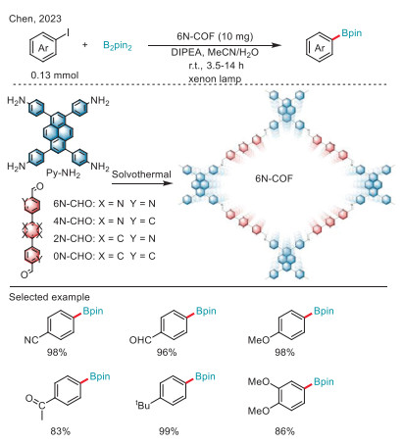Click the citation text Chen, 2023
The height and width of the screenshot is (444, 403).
tap(35, 19)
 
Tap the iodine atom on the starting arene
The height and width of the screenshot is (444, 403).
tap(69, 32)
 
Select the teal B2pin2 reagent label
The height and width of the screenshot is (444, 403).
tap(118, 45)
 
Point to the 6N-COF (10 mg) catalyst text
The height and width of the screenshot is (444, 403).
tap(215, 36)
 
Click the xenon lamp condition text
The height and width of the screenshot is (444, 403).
tap(215, 78)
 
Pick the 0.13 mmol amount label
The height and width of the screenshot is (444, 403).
tap(55, 75)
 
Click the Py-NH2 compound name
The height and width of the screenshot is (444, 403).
tap(63, 173)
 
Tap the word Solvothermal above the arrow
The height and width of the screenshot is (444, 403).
tap(141, 174)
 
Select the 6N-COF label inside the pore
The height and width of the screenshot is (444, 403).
tap(274, 178)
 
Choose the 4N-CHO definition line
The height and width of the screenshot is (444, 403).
tap(104, 222)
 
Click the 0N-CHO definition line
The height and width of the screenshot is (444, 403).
tap(104, 256)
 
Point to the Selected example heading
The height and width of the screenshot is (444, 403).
tap(49, 297)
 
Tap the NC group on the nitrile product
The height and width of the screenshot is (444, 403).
tap(31, 340)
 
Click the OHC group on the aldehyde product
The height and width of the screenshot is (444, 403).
tap(140, 340)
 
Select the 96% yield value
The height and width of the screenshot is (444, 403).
tap(167, 352)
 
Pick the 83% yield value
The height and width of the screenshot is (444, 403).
tap(60, 431)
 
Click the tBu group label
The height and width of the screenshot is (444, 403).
tap(143, 405)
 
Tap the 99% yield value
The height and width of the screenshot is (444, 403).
tap(169, 431)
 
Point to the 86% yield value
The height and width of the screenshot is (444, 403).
tap(284, 431)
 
